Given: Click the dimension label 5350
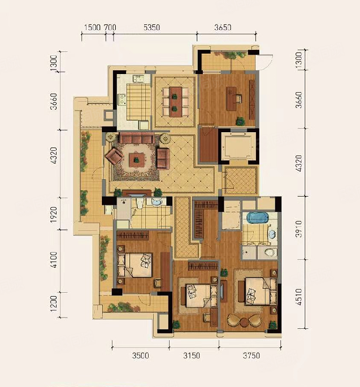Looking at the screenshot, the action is pos(152,27).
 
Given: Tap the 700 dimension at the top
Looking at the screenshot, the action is pos(110,27).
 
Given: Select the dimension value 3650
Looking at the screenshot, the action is pos(223,27).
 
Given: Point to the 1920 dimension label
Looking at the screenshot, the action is pos(54,215).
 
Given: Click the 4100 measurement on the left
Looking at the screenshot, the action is pos(54,260).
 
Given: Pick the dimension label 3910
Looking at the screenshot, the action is pos(299,229).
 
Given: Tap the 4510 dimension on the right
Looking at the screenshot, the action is pos(299,297).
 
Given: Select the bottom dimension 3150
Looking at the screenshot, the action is pos(192,355).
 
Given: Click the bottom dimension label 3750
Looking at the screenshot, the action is pos(251,355).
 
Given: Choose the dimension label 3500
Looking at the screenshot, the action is pos(141,355).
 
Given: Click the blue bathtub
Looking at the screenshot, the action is pos(258,218).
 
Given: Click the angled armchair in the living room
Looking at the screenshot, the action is pos(114,156).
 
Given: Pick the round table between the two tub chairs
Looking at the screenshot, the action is pos(244,322).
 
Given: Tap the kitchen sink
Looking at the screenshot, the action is pos(139,79).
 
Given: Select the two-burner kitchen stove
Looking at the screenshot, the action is pos(122,99).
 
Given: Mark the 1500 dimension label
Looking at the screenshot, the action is pos(92,27).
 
